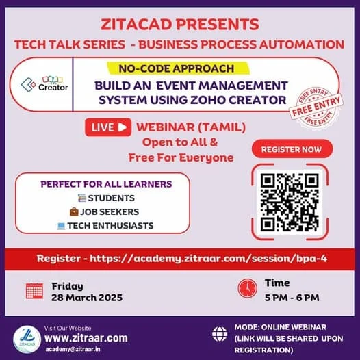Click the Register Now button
point(292,149)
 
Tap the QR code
point(290,203)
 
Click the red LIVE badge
point(108,127)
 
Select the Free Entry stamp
point(316,107)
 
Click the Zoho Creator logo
point(44,84)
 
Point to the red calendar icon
point(34,291)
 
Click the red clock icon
point(248,288)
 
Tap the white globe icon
point(220,334)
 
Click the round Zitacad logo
point(27,339)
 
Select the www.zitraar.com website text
point(86,338)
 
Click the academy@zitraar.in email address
point(73,349)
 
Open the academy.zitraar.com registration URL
point(209,259)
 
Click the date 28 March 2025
point(87,298)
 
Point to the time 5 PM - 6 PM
point(292,298)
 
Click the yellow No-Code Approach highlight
point(178,68)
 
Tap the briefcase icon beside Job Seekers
point(74,211)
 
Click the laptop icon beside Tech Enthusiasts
point(61,226)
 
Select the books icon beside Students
point(81,198)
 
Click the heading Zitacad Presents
point(180,25)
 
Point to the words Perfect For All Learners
point(106,184)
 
